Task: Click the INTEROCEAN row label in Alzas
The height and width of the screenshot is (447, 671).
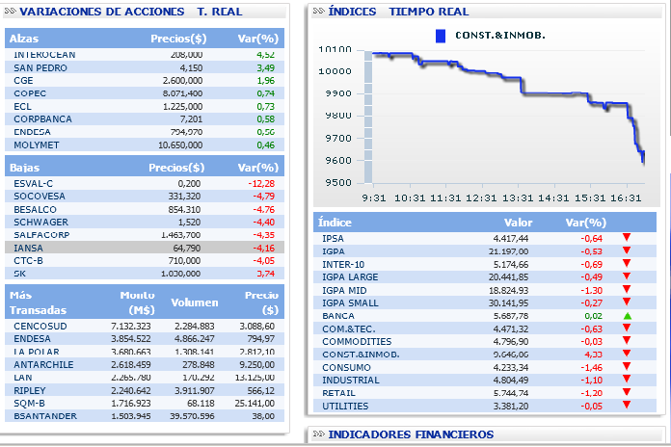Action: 44,56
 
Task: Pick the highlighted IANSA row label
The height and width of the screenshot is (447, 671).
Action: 29,248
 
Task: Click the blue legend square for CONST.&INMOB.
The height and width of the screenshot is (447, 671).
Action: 441,36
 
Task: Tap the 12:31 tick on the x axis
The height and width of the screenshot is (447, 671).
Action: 483,197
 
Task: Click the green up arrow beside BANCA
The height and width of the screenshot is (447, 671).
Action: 627,316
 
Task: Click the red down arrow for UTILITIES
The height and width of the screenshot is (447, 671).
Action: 627,406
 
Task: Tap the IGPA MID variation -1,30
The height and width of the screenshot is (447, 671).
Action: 591,289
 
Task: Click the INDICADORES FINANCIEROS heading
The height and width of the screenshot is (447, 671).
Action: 412,434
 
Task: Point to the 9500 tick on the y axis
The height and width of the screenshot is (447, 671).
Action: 336,183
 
